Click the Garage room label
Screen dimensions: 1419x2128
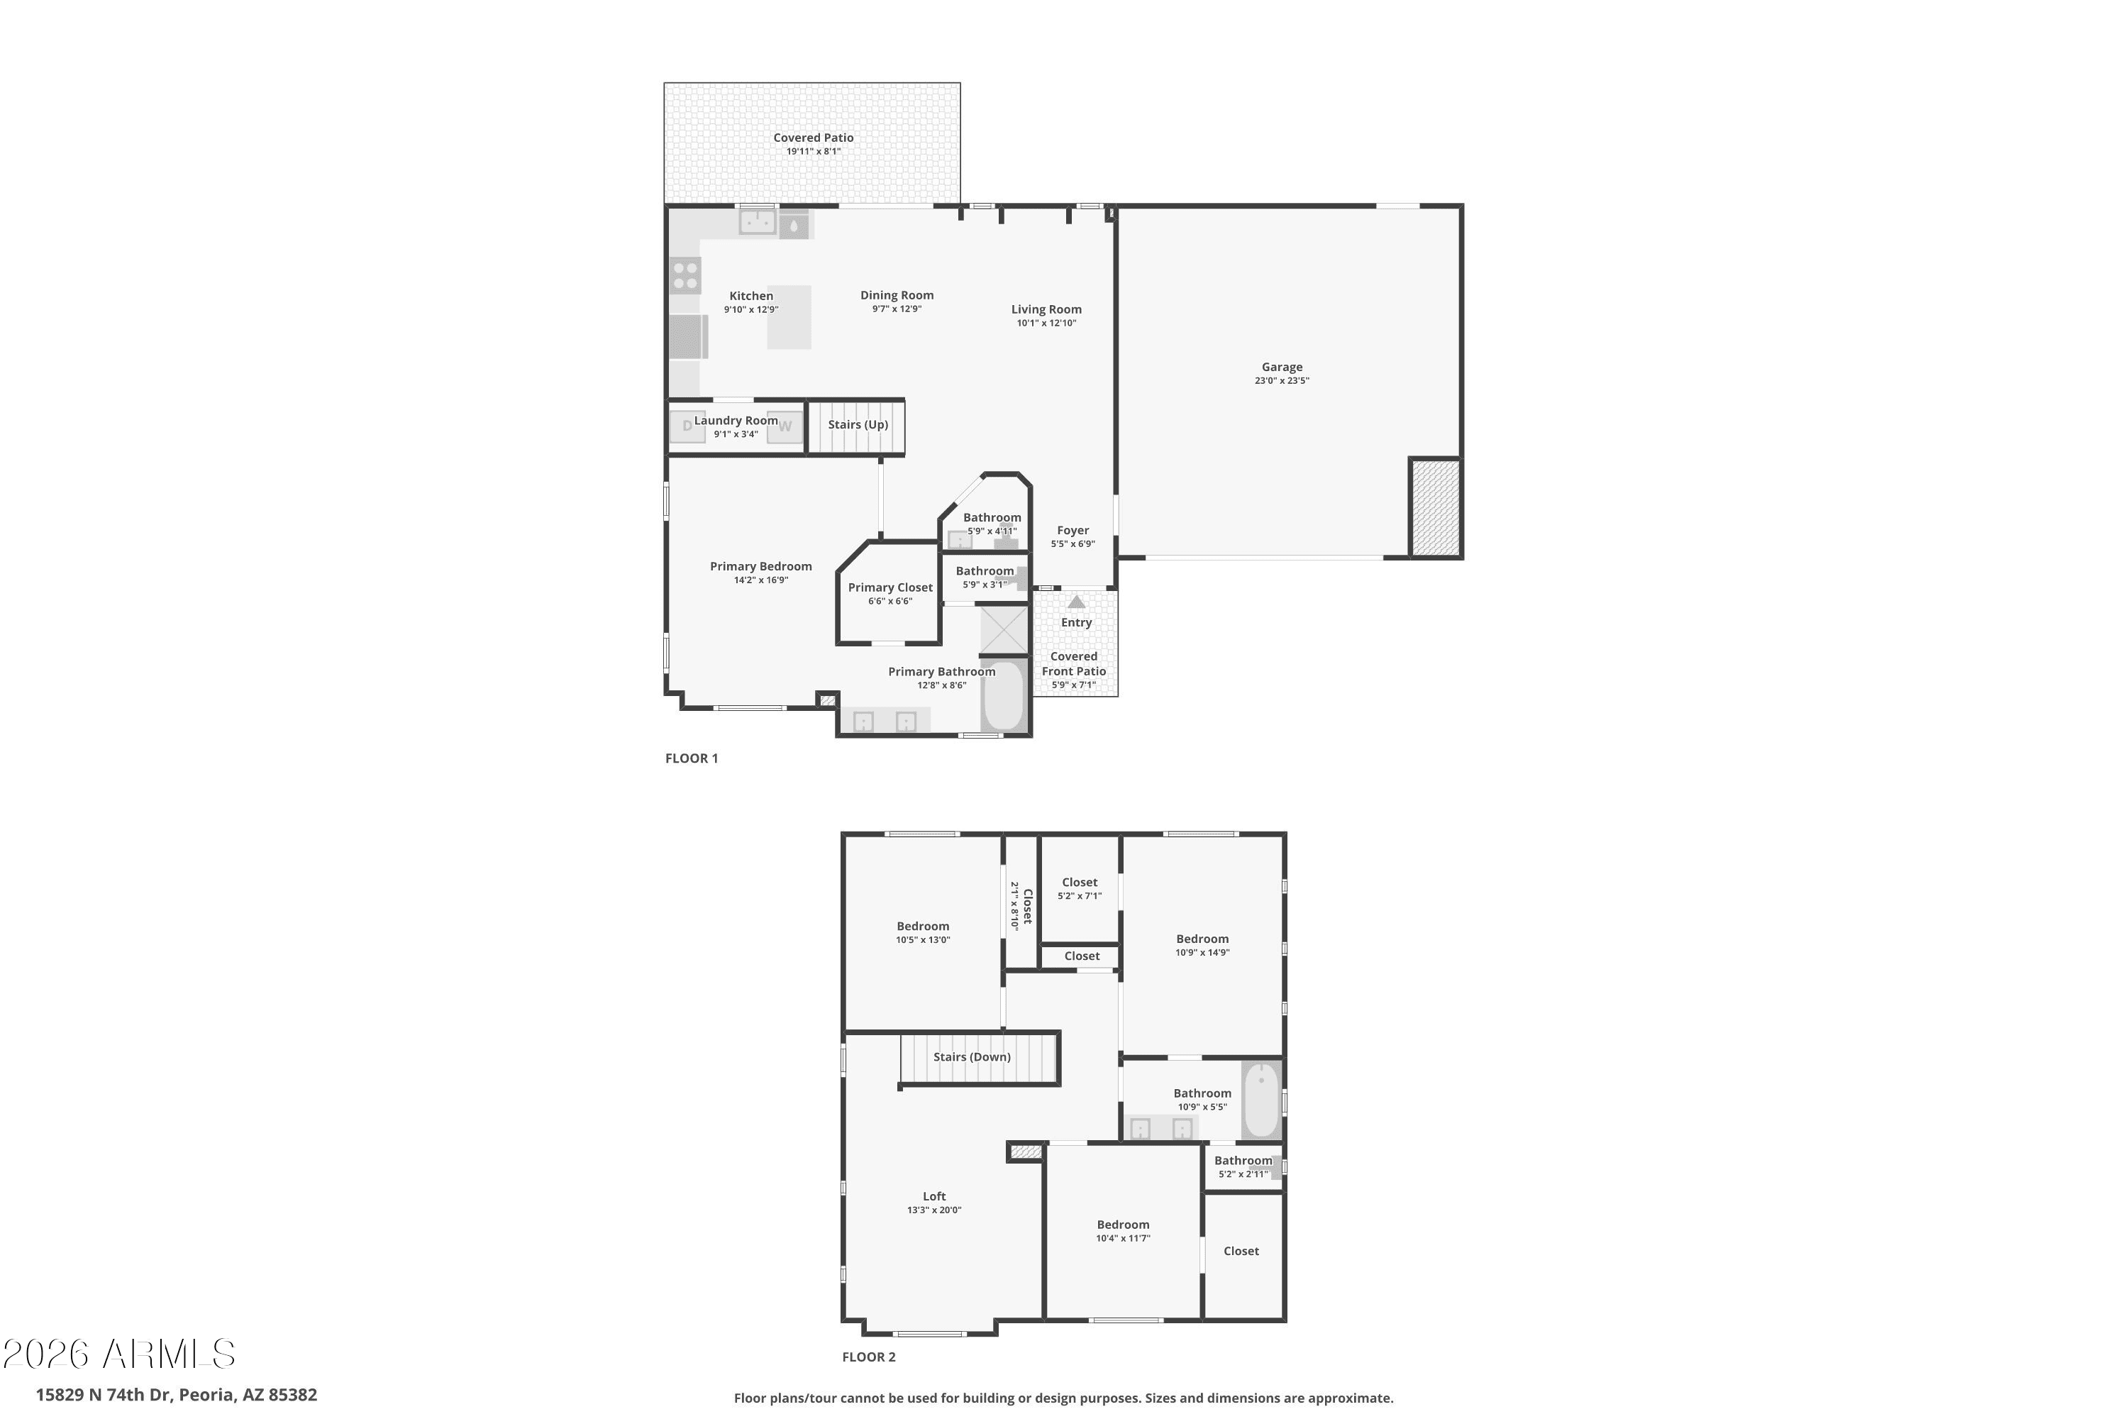(x=1282, y=367)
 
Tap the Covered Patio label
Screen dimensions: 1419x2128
(x=812, y=138)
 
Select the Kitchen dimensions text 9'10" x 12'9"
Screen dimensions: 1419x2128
(x=751, y=309)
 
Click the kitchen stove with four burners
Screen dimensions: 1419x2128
(x=686, y=275)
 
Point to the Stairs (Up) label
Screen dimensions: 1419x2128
(x=858, y=424)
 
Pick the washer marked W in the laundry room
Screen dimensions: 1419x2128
(x=785, y=426)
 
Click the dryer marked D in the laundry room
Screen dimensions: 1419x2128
(x=687, y=425)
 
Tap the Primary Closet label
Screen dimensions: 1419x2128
(x=890, y=587)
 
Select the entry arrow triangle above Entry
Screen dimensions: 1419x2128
(x=1076, y=602)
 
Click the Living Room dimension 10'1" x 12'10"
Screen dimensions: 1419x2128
(x=1046, y=323)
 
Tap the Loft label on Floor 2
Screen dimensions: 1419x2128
(x=933, y=1196)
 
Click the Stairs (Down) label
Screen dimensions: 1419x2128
(x=972, y=1057)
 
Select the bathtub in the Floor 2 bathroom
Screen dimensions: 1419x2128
(x=1261, y=1100)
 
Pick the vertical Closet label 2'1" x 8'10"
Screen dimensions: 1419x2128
(x=1021, y=906)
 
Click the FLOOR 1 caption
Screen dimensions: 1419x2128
(x=691, y=758)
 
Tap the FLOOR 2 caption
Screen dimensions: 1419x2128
(x=868, y=1357)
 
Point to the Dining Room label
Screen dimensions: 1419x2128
(x=897, y=295)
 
